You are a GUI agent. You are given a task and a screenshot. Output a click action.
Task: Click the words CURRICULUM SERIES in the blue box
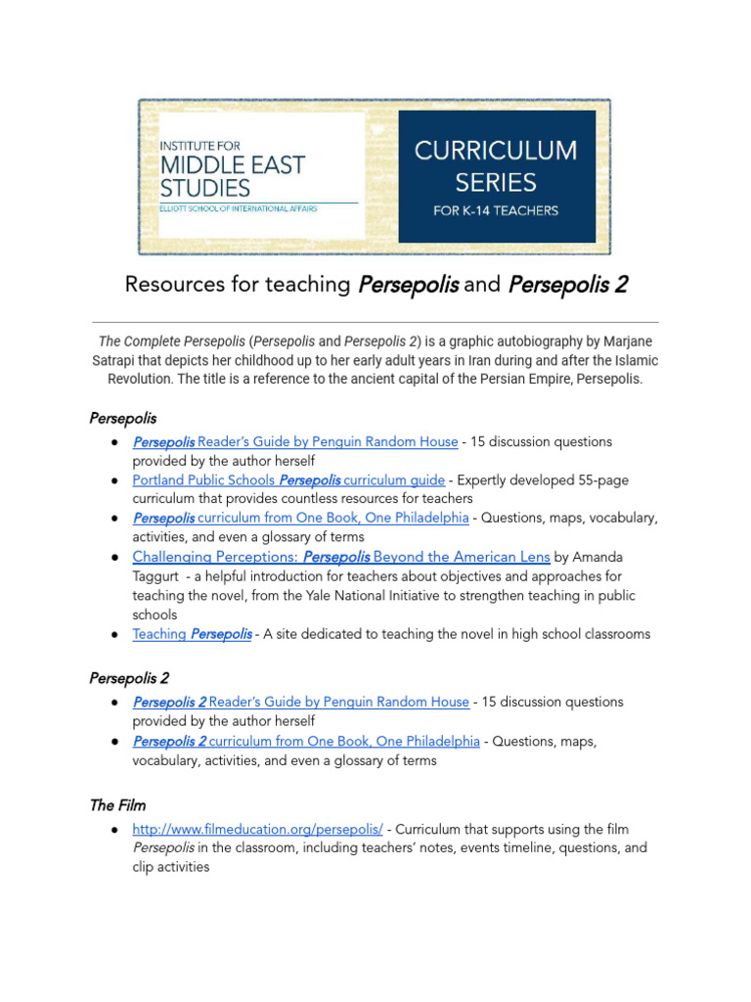(x=496, y=166)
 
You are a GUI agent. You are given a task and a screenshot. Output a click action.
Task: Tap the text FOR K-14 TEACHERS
(x=496, y=210)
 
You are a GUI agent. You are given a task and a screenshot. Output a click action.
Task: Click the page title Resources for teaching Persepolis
(x=376, y=285)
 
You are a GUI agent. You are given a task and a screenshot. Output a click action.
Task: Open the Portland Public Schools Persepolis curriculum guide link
(x=288, y=480)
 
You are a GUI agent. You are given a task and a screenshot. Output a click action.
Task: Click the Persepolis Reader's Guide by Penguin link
(x=295, y=442)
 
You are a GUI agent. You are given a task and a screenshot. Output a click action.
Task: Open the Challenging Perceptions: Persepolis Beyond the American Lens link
(x=341, y=557)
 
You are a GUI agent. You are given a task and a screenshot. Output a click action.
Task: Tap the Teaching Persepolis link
(x=193, y=634)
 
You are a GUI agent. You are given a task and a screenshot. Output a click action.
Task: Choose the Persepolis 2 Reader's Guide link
(x=301, y=702)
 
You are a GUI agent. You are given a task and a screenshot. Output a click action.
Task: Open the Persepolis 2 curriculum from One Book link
(x=306, y=741)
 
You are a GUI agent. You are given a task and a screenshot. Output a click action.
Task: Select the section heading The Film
(x=117, y=805)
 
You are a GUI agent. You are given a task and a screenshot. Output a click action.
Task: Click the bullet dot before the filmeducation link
(x=116, y=830)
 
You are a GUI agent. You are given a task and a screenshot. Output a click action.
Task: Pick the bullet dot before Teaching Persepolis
(x=116, y=634)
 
